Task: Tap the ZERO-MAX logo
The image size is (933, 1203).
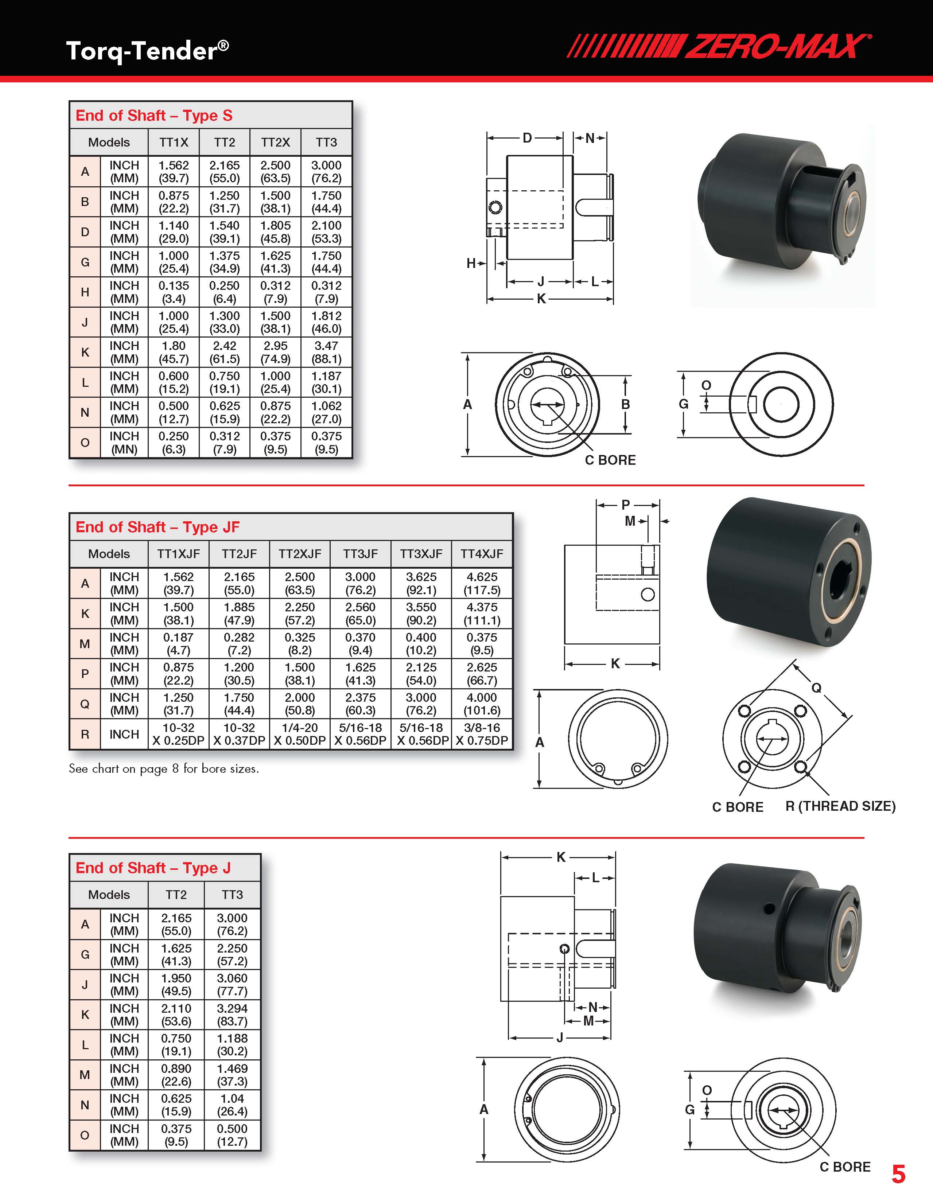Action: (719, 46)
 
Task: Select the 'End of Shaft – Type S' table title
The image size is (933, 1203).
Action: (154, 116)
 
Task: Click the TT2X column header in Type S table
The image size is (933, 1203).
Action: (275, 143)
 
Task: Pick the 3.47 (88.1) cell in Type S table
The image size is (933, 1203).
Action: (327, 353)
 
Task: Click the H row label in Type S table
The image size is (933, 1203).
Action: (85, 292)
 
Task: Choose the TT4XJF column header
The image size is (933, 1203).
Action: (482, 554)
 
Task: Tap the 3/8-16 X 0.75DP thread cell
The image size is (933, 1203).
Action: (482, 734)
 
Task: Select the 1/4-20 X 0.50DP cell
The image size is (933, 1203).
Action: (300, 734)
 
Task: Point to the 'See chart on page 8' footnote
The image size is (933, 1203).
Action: (164, 769)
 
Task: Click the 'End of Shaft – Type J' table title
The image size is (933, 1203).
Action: (153, 868)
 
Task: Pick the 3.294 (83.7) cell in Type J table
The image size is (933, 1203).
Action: (232, 1015)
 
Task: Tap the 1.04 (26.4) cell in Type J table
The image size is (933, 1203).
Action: (232, 1105)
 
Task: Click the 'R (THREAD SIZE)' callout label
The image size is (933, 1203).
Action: (840, 806)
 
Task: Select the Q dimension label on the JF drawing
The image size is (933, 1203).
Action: (817, 688)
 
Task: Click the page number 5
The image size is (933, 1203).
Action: (898, 1174)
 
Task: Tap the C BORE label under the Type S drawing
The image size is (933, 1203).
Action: (610, 460)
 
